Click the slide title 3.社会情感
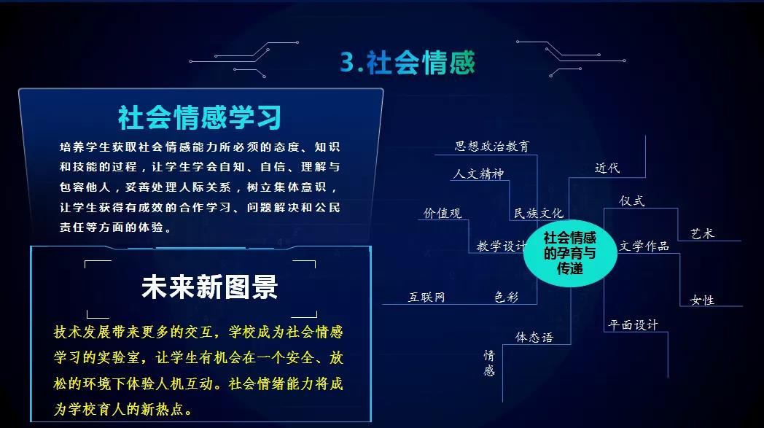(x=407, y=63)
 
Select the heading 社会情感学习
(x=200, y=117)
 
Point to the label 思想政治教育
(x=492, y=146)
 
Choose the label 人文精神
(x=478, y=174)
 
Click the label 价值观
(x=443, y=214)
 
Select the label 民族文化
(x=539, y=214)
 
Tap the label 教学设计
(x=502, y=246)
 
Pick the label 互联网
(x=426, y=297)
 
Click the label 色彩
(x=507, y=297)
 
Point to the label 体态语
(x=534, y=338)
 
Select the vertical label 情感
(x=489, y=363)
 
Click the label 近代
(x=607, y=168)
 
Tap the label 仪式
(x=631, y=201)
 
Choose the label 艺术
(x=702, y=234)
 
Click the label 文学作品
(x=644, y=246)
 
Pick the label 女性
(x=702, y=300)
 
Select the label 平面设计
(x=633, y=325)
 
